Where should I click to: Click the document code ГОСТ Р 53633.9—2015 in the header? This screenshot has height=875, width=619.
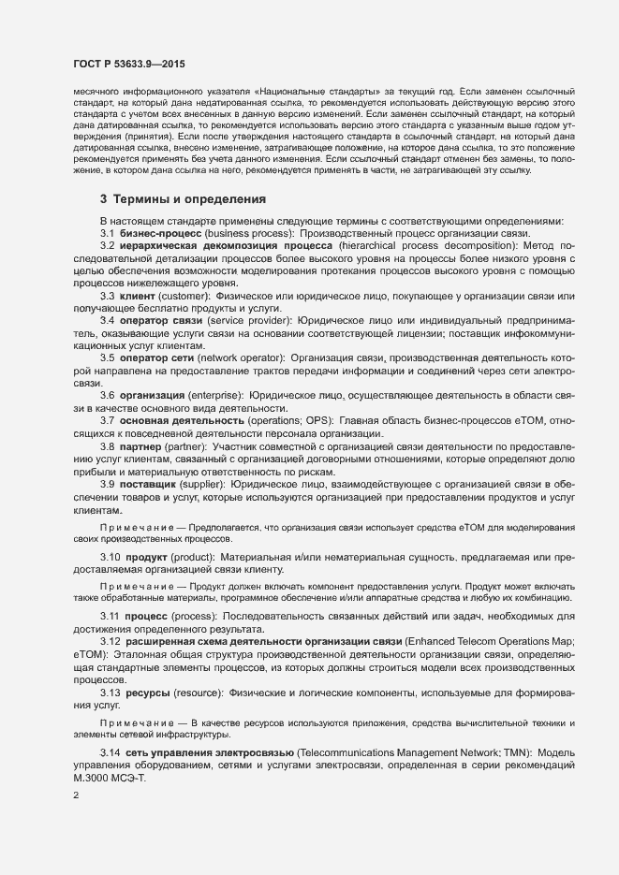(x=128, y=62)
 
